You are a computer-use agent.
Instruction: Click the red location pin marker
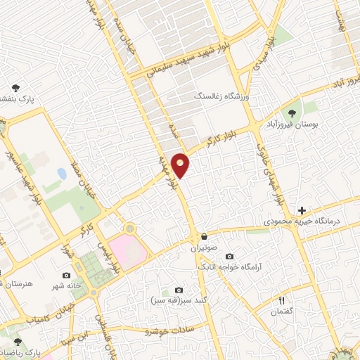181,165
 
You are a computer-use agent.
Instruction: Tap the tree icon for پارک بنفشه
16,89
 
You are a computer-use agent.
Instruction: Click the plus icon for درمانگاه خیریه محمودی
302,210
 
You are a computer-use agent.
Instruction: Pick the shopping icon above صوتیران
204,236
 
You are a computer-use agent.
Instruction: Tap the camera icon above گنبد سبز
179,290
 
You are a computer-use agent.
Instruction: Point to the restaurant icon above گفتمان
281,300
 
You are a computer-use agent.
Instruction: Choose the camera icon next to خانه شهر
66,275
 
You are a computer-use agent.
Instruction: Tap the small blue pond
62,173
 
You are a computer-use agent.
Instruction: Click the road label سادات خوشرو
174,329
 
